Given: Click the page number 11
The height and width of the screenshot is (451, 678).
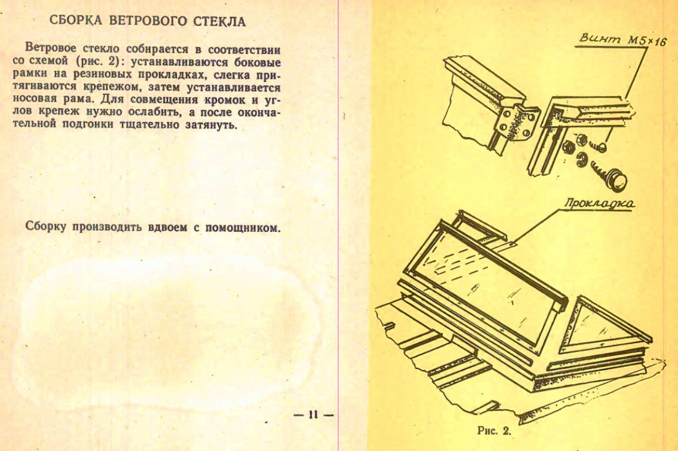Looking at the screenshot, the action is tap(313, 414).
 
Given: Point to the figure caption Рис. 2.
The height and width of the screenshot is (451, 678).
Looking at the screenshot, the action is tap(494, 431).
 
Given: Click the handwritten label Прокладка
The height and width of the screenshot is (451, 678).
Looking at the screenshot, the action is tap(600, 203).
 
